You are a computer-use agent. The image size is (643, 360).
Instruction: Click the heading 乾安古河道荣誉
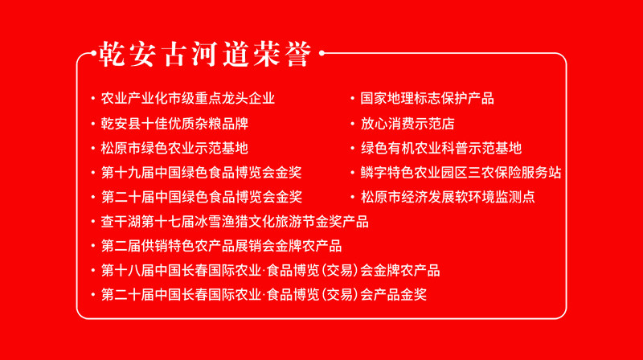(205, 54)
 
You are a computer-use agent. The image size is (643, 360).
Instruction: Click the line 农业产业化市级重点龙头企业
(188, 98)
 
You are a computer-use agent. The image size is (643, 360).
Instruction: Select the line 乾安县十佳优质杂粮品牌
(174, 124)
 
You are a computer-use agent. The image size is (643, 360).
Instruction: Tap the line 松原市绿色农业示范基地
(174, 148)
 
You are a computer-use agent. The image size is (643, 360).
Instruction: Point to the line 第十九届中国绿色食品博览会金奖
(202, 173)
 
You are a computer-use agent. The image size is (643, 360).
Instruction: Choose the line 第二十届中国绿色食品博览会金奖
(202, 197)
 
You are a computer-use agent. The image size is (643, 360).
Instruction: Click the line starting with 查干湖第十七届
(235, 222)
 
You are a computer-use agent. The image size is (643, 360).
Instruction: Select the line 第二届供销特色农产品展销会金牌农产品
(222, 246)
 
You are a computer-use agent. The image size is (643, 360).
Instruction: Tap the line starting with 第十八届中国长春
(270, 271)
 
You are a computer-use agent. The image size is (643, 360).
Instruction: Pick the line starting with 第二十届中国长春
(264, 295)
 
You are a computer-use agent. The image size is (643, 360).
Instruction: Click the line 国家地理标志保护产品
(428, 98)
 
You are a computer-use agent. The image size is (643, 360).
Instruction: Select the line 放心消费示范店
(408, 124)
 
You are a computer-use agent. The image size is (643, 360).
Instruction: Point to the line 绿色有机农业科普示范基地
(440, 148)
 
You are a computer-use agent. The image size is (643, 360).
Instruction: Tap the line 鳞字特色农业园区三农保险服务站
(461, 173)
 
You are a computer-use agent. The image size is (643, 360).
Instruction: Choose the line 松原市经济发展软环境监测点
(448, 197)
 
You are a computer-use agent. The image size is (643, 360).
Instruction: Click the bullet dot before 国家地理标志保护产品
(352, 98)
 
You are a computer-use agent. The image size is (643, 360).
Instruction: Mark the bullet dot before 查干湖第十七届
(93, 222)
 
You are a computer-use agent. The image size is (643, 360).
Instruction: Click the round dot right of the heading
(322, 53)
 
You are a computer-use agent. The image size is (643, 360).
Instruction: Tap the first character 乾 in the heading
(112, 54)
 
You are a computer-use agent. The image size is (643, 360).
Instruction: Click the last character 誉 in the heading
(299, 54)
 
